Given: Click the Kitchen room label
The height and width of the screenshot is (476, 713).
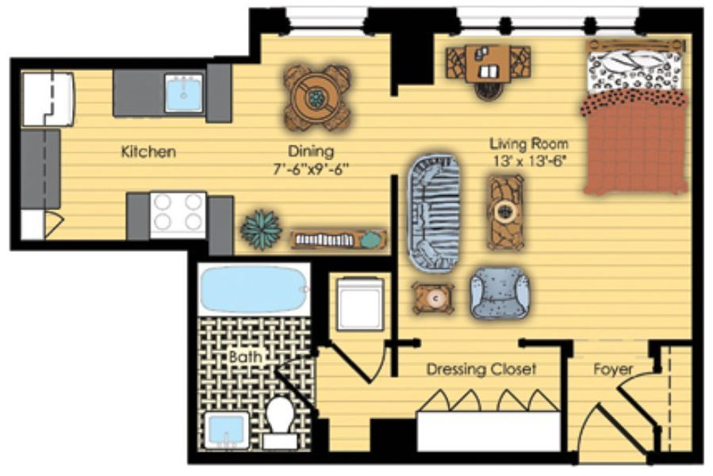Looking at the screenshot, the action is tap(148, 151).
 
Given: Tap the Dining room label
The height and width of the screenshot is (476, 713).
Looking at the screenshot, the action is tap(311, 150).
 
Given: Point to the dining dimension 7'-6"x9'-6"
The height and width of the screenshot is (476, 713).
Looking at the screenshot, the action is tap(311, 169).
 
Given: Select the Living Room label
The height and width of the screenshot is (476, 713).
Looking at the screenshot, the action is tap(529, 144).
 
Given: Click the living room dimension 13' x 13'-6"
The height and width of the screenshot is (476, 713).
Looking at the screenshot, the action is tap(529, 161).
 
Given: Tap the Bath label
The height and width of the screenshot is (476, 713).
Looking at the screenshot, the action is tap(246, 356).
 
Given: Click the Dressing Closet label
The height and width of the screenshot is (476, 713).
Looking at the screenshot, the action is tap(481, 369).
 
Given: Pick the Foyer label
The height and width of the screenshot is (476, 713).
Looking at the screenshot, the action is tap(613, 369).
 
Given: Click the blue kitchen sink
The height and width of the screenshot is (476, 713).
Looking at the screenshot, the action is tap(184, 93).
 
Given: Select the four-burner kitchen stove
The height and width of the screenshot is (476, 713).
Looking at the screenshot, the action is tap(178, 215).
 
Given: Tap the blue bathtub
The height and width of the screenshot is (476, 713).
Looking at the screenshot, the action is tap(254, 289).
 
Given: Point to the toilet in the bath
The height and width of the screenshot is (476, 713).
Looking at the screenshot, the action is tap(280, 422).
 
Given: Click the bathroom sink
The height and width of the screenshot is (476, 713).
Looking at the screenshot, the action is tap(227, 431).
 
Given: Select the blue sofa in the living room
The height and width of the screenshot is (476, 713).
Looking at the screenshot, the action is tap(434, 212).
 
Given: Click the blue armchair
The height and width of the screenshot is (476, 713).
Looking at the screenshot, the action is tap(500, 293).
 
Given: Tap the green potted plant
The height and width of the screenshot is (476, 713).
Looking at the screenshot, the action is tap(262, 230).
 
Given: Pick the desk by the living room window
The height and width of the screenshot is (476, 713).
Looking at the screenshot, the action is tap(489, 63).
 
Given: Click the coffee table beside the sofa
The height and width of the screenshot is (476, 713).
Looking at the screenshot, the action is tap(505, 212).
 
